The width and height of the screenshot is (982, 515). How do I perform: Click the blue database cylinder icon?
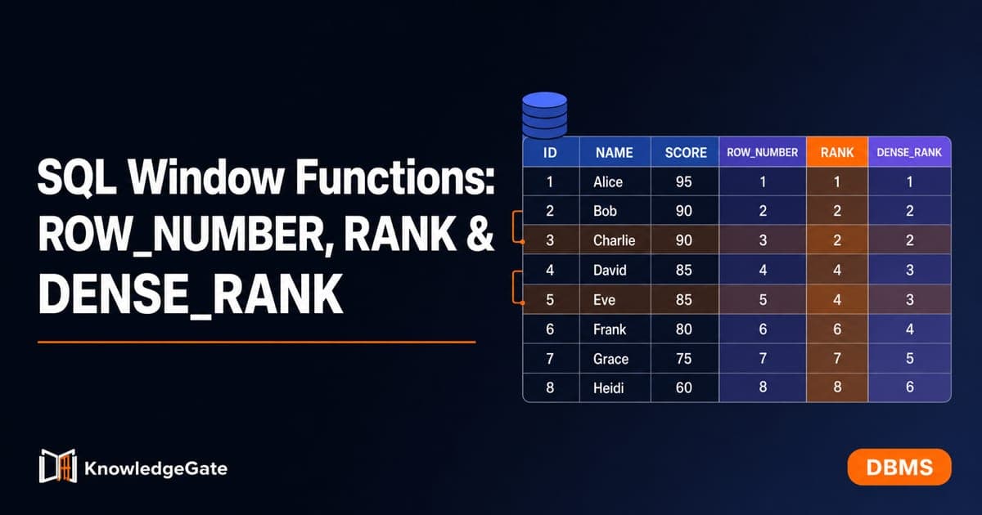[544, 115]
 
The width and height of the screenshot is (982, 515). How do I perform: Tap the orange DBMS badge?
[899, 468]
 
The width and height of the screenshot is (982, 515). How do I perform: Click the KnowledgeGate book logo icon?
[58, 466]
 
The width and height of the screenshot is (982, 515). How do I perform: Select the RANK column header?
[837, 152]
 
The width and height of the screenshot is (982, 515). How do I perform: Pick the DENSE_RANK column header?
[909, 152]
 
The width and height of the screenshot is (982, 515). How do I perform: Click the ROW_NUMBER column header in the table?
[763, 152]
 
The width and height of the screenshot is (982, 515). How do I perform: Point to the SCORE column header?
[686, 152]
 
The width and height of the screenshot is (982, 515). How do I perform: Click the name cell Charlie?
[614, 240]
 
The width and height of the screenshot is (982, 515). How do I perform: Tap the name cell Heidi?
[608, 388]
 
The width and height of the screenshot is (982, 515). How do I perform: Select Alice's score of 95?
[683, 181]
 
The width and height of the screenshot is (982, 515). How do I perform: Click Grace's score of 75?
[683, 359]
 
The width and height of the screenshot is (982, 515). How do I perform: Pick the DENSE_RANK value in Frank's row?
[910, 329]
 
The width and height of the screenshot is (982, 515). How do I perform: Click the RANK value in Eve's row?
[837, 299]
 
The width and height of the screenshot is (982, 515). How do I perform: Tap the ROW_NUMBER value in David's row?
[763, 270]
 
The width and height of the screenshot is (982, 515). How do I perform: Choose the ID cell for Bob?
[550, 211]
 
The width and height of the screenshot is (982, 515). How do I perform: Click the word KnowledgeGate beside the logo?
[155, 468]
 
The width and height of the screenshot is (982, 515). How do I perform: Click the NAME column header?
[615, 152]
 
